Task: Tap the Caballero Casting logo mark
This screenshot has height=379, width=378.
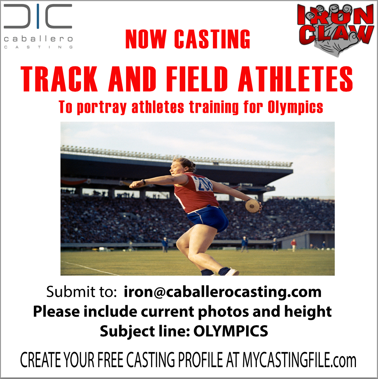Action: pyautogui.click(x=38, y=16)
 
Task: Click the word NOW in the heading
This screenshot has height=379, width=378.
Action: pyautogui.click(x=146, y=39)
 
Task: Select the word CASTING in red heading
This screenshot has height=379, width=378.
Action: pyautogui.click(x=212, y=39)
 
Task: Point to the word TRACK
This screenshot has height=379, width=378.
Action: pyautogui.click(x=59, y=79)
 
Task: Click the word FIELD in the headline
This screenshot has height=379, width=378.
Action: pyautogui.click(x=197, y=79)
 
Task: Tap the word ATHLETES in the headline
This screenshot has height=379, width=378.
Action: pyautogui.click(x=295, y=79)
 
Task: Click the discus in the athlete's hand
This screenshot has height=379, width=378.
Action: pyautogui.click(x=252, y=206)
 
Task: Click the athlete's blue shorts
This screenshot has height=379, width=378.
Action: pyautogui.click(x=208, y=218)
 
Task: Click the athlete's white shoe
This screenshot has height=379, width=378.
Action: pyautogui.click(x=231, y=272)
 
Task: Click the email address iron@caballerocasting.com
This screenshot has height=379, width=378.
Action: pyautogui.click(x=223, y=292)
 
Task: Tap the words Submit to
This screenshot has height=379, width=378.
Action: pyautogui.click(x=82, y=292)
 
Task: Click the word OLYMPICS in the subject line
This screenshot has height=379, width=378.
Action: pyautogui.click(x=231, y=331)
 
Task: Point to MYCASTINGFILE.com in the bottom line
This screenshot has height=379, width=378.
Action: pyautogui.click(x=299, y=360)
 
